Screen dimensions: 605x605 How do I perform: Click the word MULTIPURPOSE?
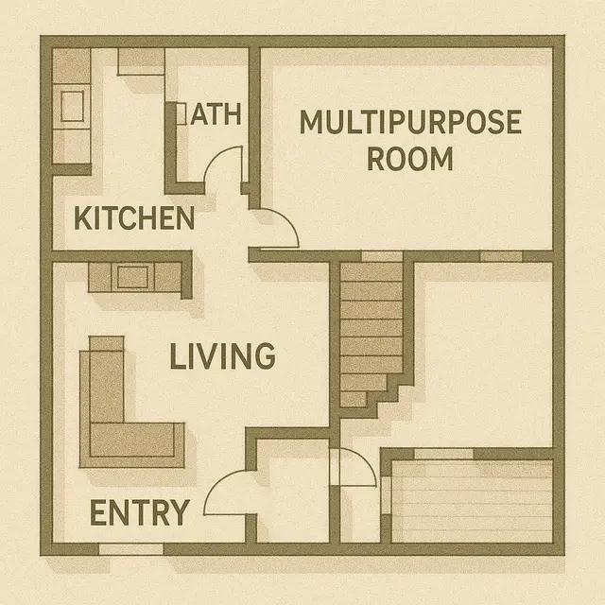[409, 123]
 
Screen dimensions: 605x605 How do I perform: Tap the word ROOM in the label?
[409, 159]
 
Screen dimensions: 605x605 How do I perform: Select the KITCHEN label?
[134, 218]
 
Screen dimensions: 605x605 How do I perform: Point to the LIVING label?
[222, 356]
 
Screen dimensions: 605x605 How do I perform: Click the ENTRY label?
[139, 513]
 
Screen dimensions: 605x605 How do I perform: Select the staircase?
[370, 331]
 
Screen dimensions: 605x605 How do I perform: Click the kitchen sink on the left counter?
[72, 106]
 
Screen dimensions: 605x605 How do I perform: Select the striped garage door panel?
[471, 501]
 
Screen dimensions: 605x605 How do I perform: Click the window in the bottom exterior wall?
[130, 548]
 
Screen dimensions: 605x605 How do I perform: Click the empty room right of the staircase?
[482, 350]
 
